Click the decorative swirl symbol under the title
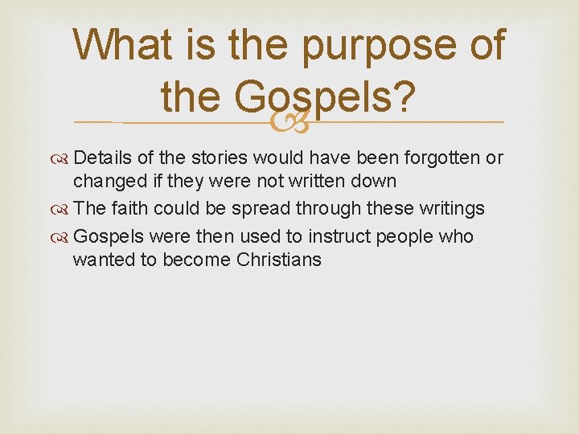coord(289,122)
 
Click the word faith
coord(131,209)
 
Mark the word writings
coord(446,209)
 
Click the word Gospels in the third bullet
coord(111,236)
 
